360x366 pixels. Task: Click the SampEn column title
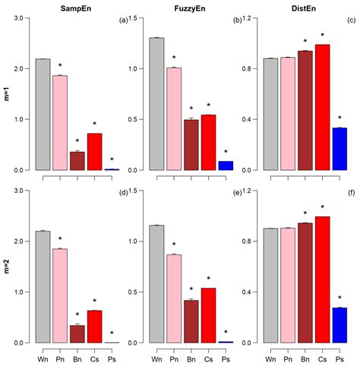coord(66,7)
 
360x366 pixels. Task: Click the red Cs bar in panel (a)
coord(94,151)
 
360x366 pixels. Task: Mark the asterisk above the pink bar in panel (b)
coord(174,58)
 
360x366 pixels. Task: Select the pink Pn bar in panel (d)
coord(59,295)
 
